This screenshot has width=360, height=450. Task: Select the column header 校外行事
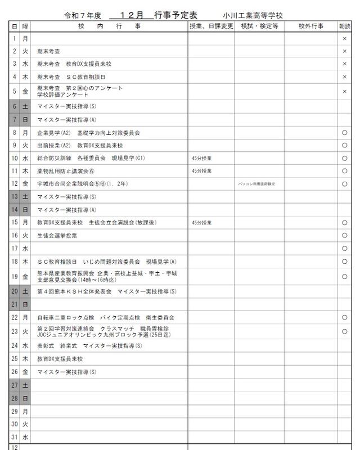pyautogui.click(x=307, y=26)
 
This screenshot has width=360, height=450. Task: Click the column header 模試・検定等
pyautogui.click(x=259, y=26)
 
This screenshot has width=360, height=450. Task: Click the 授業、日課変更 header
pyautogui.click(x=211, y=26)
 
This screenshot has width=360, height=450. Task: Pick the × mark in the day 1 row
pyautogui.click(x=344, y=39)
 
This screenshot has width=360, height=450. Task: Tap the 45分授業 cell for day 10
pyautogui.click(x=202, y=158)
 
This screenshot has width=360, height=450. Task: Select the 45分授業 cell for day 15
pyautogui.click(x=202, y=223)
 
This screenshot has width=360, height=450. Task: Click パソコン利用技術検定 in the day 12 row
pyautogui.click(x=257, y=184)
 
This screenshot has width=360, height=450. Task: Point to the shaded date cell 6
pyautogui.click(x=15, y=106)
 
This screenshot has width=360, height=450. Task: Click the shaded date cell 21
pyautogui.click(x=15, y=304)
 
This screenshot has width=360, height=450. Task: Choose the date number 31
pyautogui.click(x=15, y=436)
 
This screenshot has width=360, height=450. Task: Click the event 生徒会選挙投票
pyautogui.click(x=57, y=236)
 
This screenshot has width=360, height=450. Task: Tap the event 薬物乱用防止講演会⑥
pyautogui.click(x=66, y=171)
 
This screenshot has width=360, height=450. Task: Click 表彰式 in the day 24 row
pyautogui.click(x=46, y=346)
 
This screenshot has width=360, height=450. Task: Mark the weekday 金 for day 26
pyautogui.click(x=25, y=372)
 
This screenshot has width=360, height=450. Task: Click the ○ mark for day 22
pyautogui.click(x=344, y=317)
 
